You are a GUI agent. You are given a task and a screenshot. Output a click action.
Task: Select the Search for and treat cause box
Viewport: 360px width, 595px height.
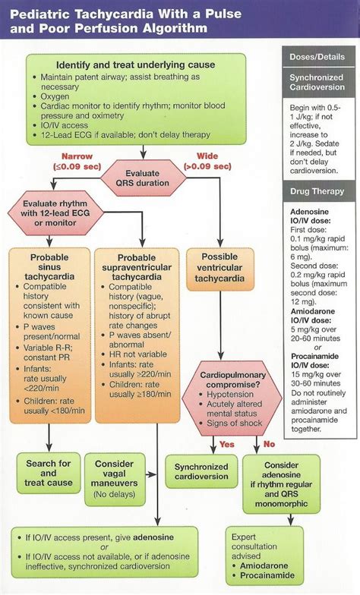(x=49, y=470)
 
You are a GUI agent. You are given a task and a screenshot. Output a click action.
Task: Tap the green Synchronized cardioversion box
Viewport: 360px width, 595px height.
(x=201, y=471)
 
